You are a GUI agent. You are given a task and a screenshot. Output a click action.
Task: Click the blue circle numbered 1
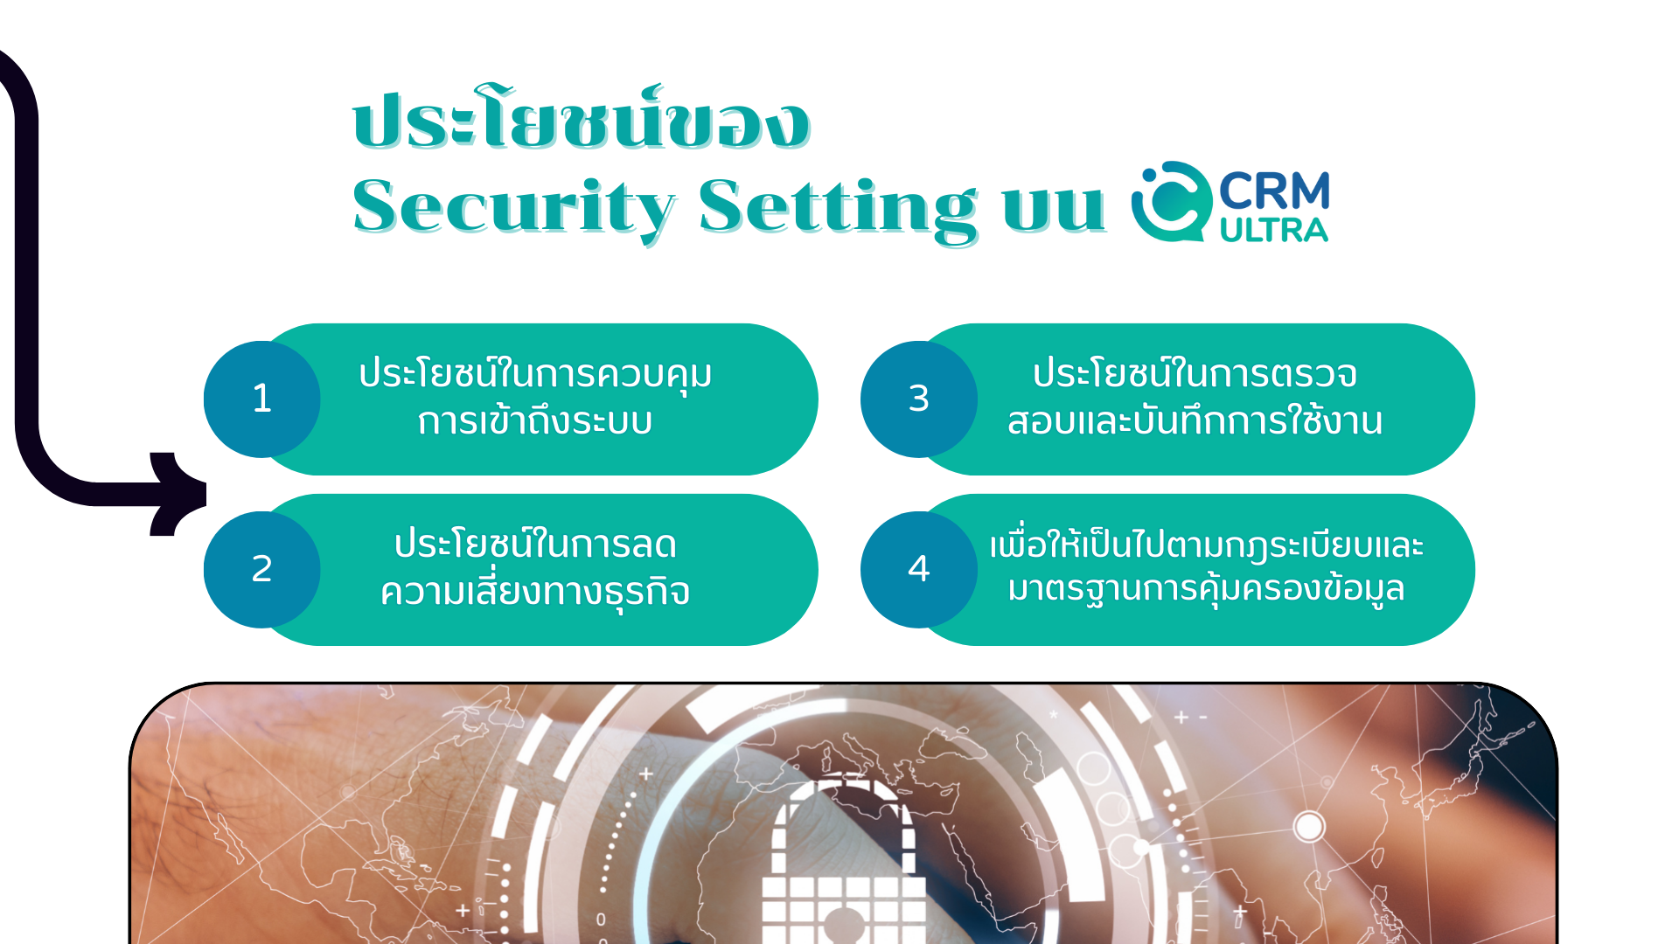point(262,399)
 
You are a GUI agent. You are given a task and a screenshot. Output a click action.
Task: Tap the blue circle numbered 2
point(262,569)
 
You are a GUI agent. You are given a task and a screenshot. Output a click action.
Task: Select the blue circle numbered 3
point(919,399)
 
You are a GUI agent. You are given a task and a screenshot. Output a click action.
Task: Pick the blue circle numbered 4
point(919,569)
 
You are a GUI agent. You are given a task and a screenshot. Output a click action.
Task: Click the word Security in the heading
point(514,208)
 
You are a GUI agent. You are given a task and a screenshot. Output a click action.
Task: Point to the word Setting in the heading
point(838,208)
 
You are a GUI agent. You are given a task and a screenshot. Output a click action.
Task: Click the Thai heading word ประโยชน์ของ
point(582,118)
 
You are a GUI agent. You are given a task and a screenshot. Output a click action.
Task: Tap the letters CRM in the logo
point(1274,191)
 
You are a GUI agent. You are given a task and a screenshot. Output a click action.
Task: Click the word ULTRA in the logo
point(1274,230)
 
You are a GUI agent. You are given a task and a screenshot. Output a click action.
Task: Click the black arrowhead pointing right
point(178,494)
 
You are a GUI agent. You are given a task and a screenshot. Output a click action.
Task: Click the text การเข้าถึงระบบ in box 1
point(535,421)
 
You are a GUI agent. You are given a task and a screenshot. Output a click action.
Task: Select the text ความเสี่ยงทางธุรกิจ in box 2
point(535,592)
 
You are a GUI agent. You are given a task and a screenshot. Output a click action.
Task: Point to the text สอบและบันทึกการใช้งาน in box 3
point(1195,420)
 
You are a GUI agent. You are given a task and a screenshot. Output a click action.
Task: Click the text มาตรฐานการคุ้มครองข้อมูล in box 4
point(1206,589)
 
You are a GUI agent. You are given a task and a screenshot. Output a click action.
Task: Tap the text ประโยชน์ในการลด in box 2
point(535,544)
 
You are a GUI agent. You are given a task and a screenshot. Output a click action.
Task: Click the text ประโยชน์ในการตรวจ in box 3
point(1195,373)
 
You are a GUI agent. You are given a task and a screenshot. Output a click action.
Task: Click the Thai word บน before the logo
point(1054,210)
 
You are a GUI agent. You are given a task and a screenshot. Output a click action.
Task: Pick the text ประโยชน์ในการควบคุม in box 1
point(535,374)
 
